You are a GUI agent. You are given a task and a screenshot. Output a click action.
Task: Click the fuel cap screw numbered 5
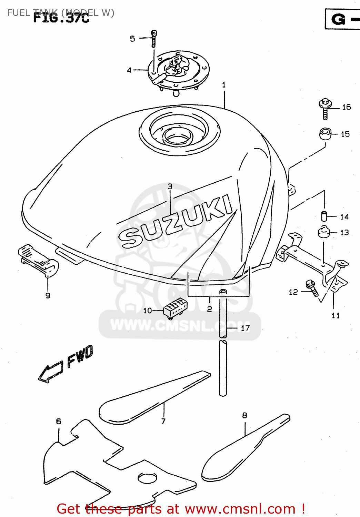point(154,38)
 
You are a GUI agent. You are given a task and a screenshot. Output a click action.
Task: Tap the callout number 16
point(346,107)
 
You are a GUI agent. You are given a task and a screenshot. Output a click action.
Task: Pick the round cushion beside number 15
point(325,134)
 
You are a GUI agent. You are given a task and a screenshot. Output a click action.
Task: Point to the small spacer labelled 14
point(324,216)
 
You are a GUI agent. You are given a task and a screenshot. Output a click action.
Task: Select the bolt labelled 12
point(312,288)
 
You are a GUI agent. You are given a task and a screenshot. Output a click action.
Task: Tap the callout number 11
point(336,315)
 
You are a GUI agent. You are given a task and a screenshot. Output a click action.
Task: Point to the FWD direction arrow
point(51,372)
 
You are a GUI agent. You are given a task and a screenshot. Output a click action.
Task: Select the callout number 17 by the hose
point(245,328)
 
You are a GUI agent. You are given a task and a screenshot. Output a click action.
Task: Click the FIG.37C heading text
point(61,18)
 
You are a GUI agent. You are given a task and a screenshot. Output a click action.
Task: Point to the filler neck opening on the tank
point(177,135)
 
